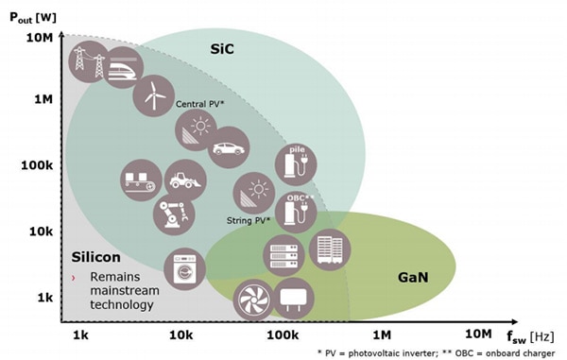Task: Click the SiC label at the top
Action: [221, 45]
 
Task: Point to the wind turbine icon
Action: [150, 94]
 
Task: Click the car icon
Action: [227, 147]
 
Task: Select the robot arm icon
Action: [174, 214]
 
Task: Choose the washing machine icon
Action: [184, 269]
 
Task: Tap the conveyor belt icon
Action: [141, 179]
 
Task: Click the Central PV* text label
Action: [199, 104]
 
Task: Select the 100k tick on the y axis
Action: [35, 165]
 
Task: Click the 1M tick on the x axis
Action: [382, 334]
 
